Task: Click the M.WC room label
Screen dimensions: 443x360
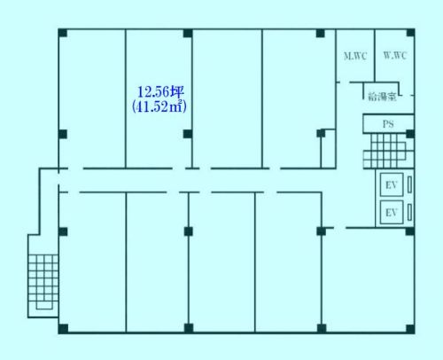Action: [355, 56]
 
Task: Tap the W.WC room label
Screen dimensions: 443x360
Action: [395, 55]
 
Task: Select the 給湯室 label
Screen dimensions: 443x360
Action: [382, 97]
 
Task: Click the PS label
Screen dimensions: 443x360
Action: [388, 124]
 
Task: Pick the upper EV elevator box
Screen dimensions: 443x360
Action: [392, 184]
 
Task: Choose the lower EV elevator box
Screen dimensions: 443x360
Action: [392, 212]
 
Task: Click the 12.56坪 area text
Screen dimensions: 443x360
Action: [160, 92]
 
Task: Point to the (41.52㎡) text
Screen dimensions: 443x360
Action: [159, 106]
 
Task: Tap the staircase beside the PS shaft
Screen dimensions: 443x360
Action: [388, 151]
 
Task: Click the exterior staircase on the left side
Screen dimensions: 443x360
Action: [43, 282]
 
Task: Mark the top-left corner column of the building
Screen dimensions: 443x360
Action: [63, 33]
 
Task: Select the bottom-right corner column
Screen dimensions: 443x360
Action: [410, 329]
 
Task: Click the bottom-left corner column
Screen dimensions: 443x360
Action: [63, 329]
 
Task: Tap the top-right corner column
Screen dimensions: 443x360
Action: [410, 33]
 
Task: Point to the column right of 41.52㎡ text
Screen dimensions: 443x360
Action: [188, 134]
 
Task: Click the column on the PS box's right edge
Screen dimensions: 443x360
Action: [410, 134]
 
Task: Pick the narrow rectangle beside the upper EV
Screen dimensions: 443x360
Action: [409, 184]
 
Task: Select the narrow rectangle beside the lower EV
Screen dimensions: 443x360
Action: [409, 212]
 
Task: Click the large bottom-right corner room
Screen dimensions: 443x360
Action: [368, 280]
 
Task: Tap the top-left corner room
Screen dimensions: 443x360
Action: [92, 99]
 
